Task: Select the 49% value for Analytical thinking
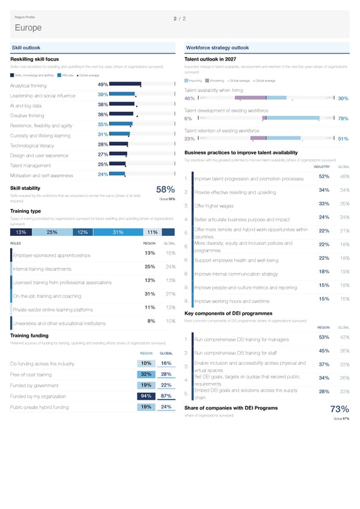102,85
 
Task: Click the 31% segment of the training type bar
118,233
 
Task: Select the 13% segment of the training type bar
20,233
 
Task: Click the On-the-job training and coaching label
47,296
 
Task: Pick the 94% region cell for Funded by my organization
145,396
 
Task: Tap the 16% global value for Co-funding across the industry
167,363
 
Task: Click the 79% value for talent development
343,119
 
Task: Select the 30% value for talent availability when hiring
343,99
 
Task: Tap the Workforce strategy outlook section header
217,47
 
